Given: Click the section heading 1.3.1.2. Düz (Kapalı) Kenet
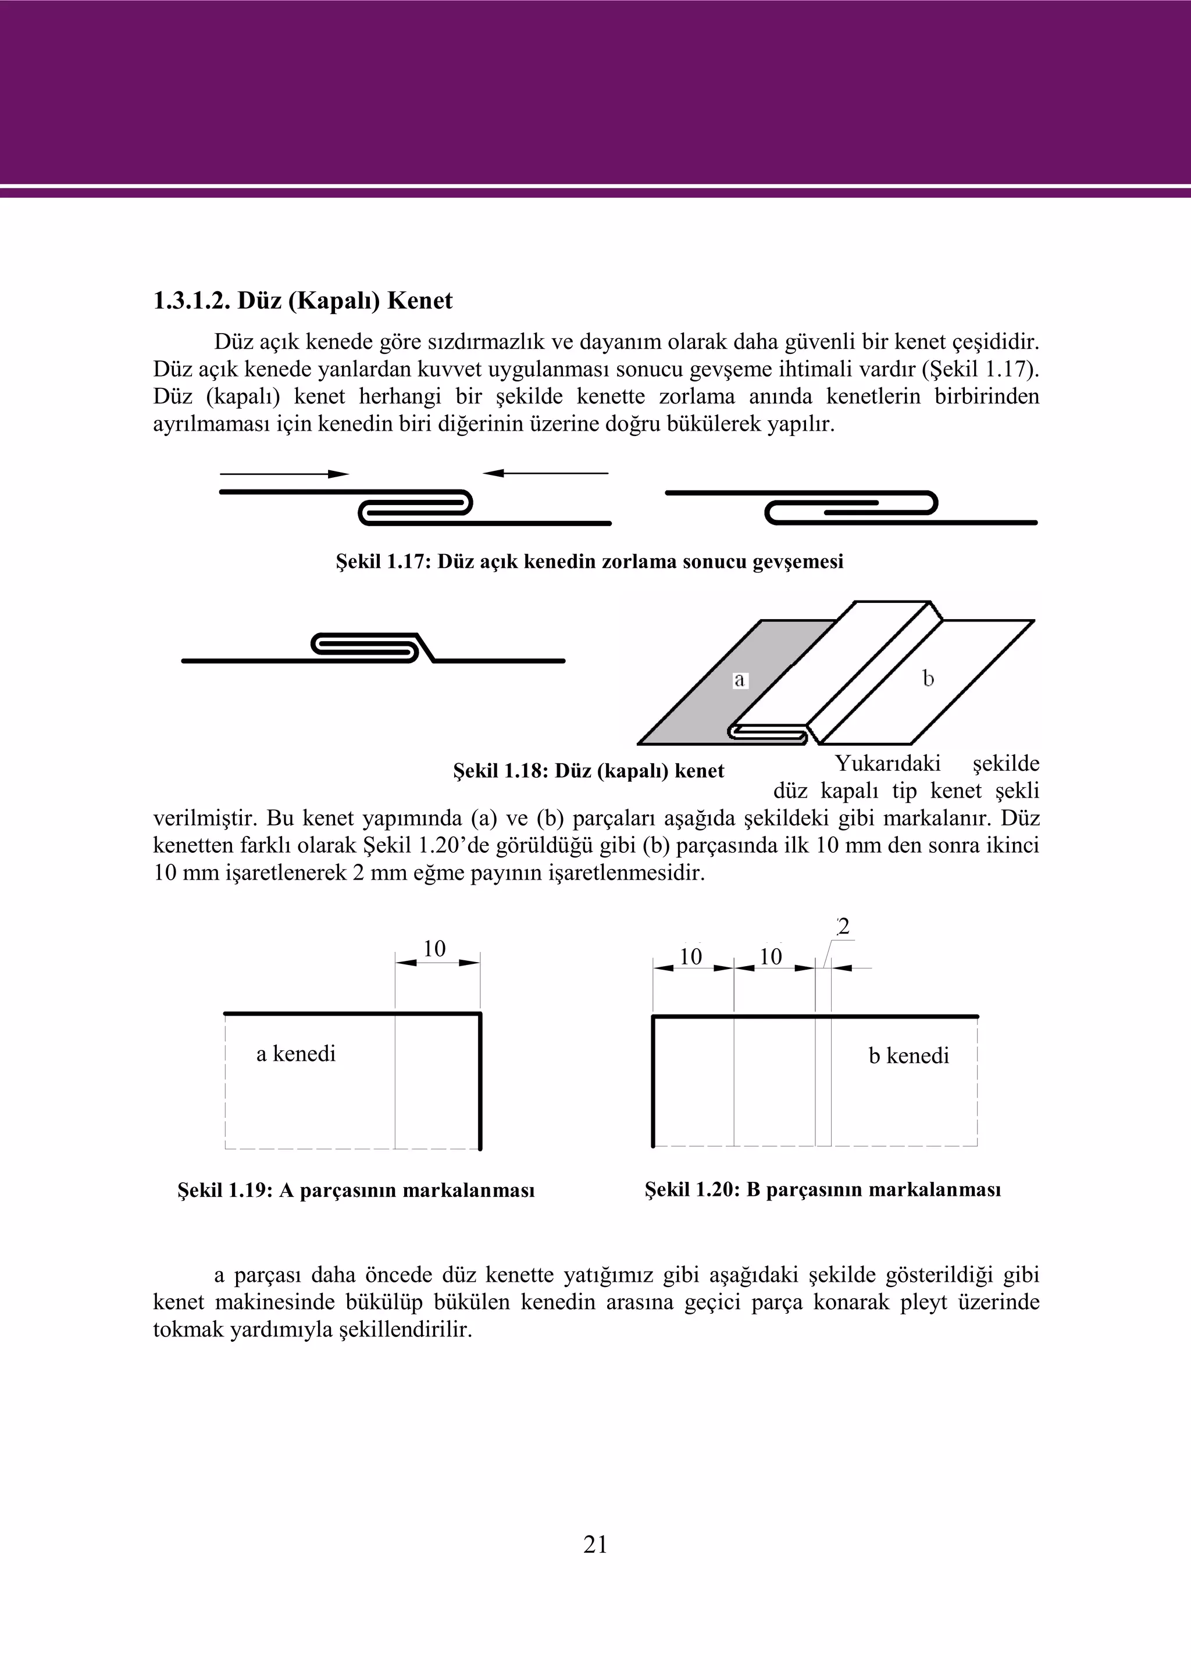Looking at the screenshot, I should tap(302, 301).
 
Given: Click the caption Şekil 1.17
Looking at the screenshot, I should tap(590, 562).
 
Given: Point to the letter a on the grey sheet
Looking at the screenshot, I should tap(739, 680).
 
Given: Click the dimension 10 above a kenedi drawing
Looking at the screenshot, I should tap(434, 949).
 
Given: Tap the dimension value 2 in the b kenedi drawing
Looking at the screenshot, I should tap(843, 927).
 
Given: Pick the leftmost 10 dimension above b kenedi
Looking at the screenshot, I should tap(691, 956).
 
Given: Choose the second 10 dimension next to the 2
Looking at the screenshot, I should tap(771, 956).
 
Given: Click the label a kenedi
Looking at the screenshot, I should tap(295, 1054).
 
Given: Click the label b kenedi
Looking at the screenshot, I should tap(908, 1056).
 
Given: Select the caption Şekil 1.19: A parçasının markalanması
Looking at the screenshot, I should tap(356, 1191).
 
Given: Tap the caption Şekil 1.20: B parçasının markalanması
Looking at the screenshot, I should tap(823, 1189).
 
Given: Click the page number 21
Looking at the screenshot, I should tap(595, 1545).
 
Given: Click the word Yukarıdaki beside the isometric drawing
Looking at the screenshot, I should tap(887, 764).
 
